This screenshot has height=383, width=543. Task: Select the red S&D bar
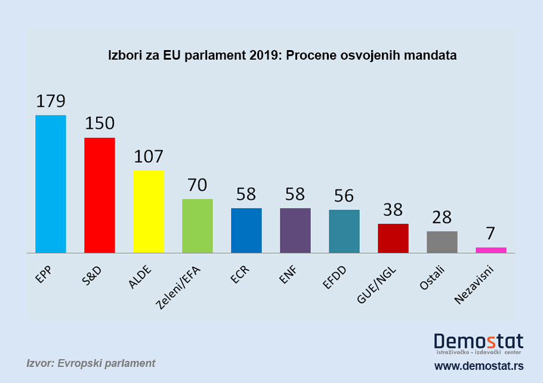(x=100, y=195)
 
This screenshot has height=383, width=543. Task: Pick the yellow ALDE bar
(x=149, y=211)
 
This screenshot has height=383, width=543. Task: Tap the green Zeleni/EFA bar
(x=198, y=226)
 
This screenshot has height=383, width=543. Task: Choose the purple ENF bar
(x=295, y=230)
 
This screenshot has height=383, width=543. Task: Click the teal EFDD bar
(x=344, y=231)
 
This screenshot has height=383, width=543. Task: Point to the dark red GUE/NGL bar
(x=393, y=238)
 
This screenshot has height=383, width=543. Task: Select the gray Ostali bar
(x=442, y=242)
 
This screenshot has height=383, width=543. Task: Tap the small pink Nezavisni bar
(x=491, y=250)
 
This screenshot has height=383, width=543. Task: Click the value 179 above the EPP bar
(x=51, y=101)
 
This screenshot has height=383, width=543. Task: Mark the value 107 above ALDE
(x=149, y=156)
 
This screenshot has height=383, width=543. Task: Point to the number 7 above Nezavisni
(x=491, y=233)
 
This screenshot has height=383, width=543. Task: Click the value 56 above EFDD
(x=344, y=196)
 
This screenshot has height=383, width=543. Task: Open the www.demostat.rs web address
(x=479, y=365)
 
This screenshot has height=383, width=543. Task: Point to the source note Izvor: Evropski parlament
(x=91, y=363)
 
